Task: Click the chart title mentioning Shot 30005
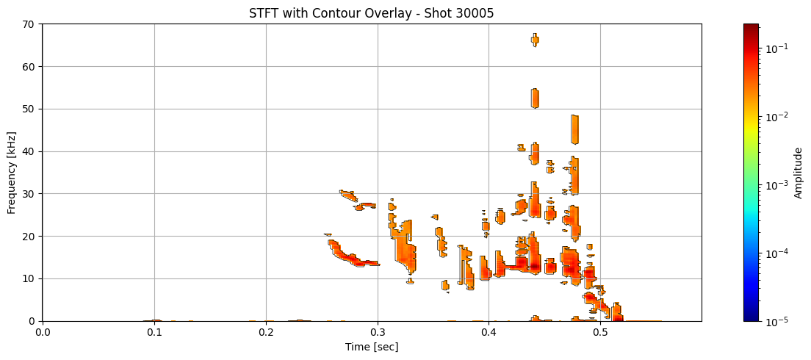coord(371,12)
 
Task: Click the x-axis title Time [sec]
coord(371,347)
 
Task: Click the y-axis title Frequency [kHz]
coord(12,172)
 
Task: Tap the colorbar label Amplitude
coord(799,172)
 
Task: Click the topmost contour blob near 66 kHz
coord(535,40)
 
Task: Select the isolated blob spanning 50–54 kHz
coord(535,98)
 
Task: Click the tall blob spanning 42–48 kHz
coord(574,129)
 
